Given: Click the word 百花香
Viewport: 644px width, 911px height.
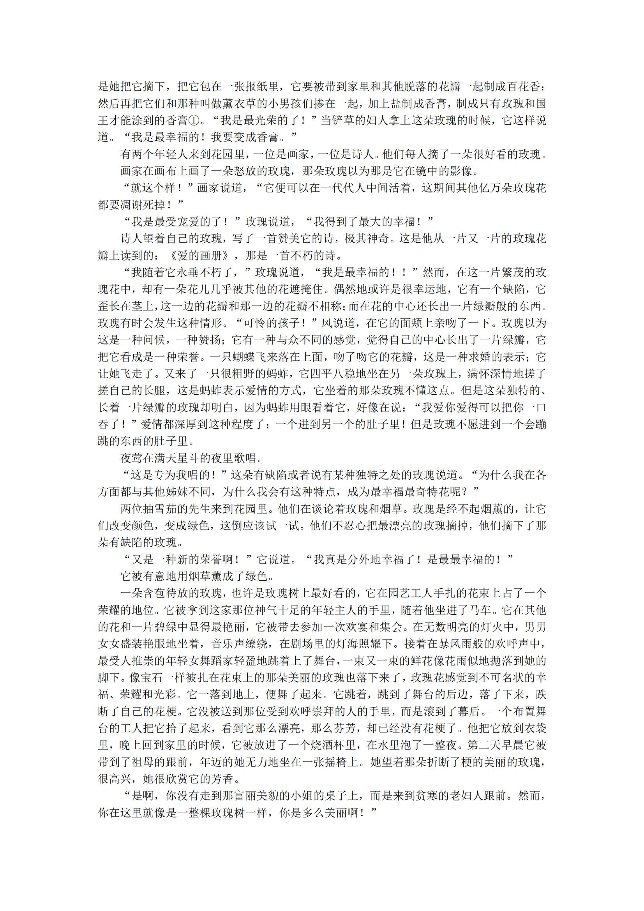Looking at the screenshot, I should click(523, 87).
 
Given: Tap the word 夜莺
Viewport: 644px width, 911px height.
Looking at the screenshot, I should click(132, 459).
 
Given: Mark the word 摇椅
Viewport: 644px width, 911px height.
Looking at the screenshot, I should click(337, 762).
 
